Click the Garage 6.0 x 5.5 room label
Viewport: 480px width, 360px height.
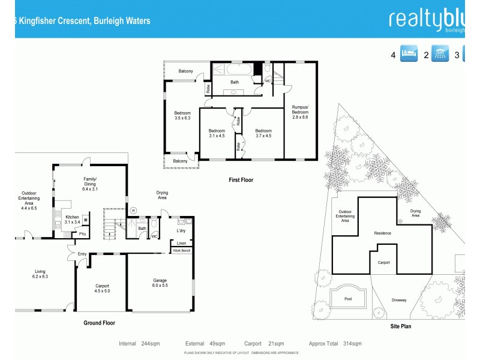[160, 283]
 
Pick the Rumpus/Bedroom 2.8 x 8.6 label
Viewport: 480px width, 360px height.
[299, 112]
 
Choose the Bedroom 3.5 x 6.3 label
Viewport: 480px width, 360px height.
[182, 115]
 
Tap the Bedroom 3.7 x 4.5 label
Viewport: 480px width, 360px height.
[263, 133]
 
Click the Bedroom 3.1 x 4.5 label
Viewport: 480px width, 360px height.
[217, 133]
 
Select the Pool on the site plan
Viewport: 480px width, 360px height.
[348, 298]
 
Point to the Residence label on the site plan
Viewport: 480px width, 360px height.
[382, 233]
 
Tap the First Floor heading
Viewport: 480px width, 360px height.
[241, 180]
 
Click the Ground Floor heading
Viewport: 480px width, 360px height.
[99, 323]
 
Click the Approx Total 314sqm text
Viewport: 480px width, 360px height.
[335, 344]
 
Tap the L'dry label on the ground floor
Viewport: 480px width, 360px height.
[181, 230]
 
